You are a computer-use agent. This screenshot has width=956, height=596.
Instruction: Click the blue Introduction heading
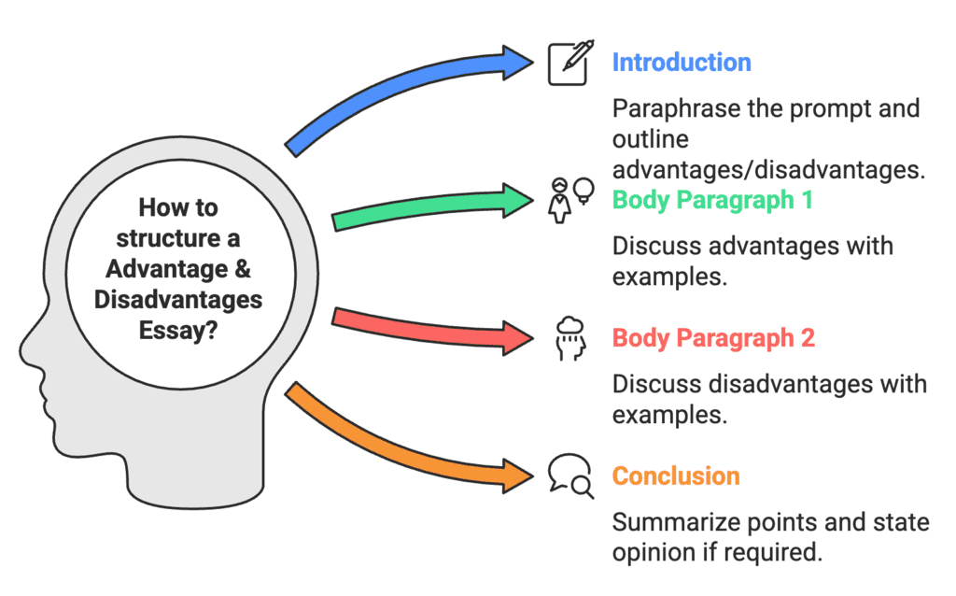(x=681, y=63)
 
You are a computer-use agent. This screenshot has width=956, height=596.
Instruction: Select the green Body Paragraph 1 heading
(x=712, y=200)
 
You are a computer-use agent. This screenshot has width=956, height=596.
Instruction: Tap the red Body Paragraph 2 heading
(x=713, y=337)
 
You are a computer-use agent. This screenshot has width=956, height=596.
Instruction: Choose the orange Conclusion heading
(x=676, y=475)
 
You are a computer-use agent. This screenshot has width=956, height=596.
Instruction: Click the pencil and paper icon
(x=569, y=63)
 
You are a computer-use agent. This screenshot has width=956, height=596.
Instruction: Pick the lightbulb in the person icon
(x=585, y=189)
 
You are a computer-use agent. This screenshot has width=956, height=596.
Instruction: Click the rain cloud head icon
(x=569, y=337)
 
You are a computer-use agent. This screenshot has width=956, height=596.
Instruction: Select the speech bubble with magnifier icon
(x=569, y=475)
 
